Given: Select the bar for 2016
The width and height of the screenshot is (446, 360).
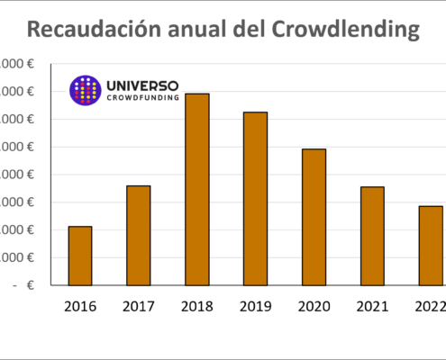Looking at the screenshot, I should (x=80, y=256).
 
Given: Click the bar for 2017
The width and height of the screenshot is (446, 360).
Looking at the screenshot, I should (x=139, y=236).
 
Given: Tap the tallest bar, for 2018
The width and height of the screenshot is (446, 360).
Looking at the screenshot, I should (x=197, y=189).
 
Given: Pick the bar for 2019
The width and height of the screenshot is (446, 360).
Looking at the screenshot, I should (x=256, y=198).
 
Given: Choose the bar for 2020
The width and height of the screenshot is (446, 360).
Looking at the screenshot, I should (x=314, y=217).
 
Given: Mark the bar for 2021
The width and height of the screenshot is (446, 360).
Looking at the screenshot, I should (x=372, y=236).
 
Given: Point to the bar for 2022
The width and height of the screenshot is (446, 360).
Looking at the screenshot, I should (x=431, y=246).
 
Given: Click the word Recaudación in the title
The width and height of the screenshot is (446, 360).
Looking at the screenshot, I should (x=101, y=31).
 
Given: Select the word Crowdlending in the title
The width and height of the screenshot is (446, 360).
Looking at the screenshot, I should (x=355, y=31).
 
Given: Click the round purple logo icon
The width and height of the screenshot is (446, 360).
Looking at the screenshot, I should (x=85, y=90).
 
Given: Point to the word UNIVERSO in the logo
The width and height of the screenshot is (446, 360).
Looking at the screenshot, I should (x=141, y=85).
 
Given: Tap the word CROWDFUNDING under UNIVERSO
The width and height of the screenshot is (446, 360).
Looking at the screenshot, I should (x=141, y=99).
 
